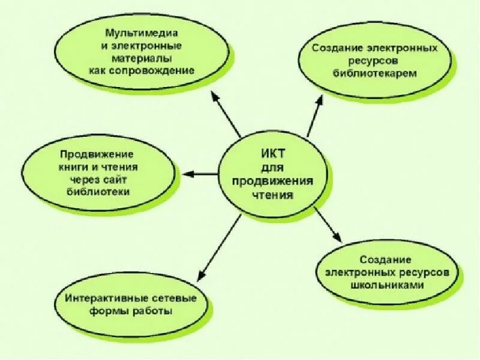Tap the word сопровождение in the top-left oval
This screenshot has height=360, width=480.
click(x=164, y=70)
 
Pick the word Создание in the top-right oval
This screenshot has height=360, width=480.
click(x=338, y=47)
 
